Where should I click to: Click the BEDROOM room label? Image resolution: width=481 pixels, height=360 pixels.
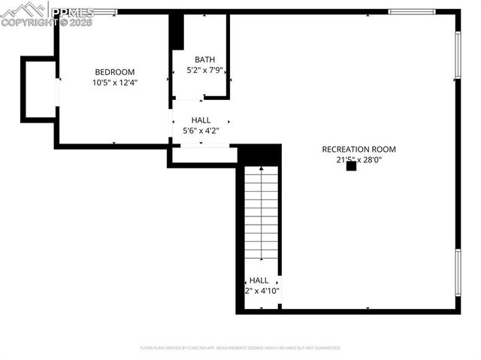pos(115,72)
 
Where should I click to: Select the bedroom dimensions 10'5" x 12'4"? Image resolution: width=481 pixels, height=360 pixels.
pos(115,82)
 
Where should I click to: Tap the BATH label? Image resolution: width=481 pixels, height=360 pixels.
pos(204,60)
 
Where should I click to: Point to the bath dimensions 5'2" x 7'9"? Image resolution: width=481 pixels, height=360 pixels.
pos(204,70)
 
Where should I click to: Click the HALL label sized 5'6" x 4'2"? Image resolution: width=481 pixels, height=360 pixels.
pos(201,120)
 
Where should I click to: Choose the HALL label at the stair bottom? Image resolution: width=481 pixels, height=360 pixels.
pos(259,280)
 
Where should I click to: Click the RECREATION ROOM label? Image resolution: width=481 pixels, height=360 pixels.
pos(358,150)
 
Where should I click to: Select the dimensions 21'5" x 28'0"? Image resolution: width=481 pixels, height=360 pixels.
pos(358,159)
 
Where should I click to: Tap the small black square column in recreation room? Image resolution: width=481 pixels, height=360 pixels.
pos(351,167)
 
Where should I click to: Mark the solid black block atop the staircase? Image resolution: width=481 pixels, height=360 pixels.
pos(259,155)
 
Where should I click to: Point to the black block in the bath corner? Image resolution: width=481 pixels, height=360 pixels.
pos(177,32)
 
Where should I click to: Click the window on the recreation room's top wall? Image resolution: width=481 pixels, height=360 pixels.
pos(411,11)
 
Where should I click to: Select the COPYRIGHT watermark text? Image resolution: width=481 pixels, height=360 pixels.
pos(44,23)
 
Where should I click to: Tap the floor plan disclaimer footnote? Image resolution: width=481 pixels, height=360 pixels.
pos(240,348)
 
